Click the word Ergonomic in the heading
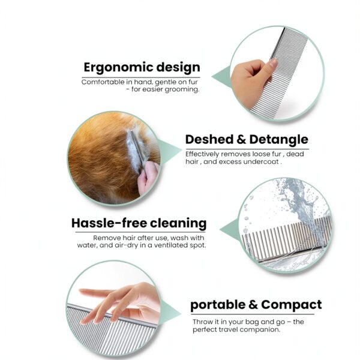[x=113, y=68]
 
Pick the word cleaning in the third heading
[x=178, y=224]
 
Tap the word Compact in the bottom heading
[x=292, y=304]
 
